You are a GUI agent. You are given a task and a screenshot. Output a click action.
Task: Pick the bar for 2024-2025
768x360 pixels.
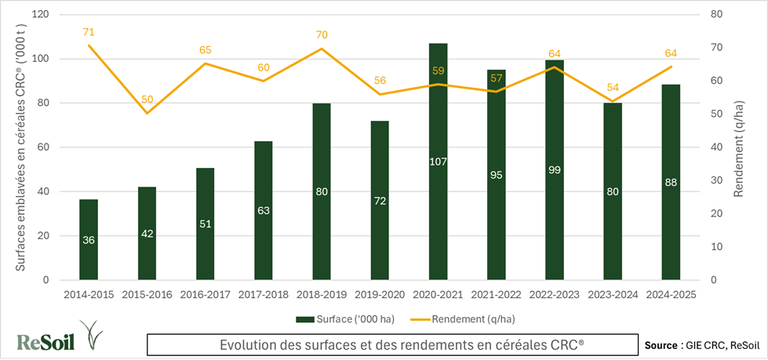pos(672,204)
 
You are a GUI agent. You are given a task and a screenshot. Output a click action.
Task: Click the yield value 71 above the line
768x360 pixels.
pos(89,32)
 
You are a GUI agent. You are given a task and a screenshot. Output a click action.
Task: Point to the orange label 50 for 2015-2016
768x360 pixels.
pos(147,100)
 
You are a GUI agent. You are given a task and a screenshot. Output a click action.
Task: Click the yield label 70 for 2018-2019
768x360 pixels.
pos(322,35)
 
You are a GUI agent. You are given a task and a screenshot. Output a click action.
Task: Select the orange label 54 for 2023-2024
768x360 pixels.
pos(613,87)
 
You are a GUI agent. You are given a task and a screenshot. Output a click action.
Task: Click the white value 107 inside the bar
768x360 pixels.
pos(439,162)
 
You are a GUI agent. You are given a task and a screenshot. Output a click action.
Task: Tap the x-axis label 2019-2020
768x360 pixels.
pos(380,294)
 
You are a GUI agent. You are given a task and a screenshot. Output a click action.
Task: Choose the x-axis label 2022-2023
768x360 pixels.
pos(555,294)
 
